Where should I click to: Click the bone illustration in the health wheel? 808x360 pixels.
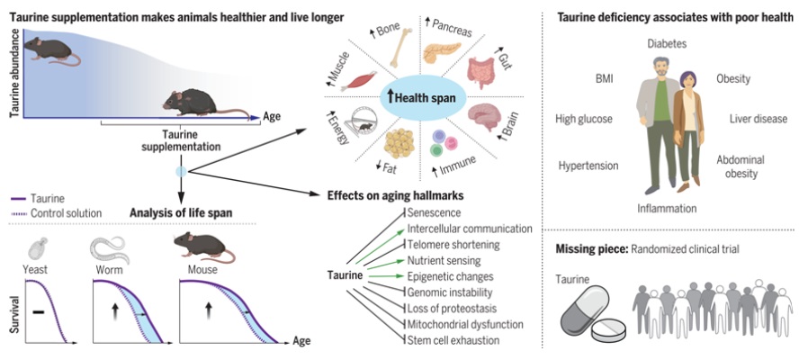(401, 49)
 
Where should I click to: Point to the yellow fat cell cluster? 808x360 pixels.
(400, 143)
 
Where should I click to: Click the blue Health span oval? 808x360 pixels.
(423, 97)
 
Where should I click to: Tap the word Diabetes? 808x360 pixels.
(667, 44)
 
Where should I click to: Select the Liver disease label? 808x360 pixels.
(758, 119)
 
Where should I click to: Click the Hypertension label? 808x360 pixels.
(588, 166)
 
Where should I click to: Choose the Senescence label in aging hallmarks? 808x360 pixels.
(434, 212)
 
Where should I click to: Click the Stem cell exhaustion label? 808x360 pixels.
(453, 340)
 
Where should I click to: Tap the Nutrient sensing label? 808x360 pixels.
(444, 260)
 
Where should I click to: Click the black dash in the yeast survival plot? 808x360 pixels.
(38, 311)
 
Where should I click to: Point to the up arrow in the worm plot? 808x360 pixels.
(115, 312)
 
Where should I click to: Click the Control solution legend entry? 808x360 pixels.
(56, 213)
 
